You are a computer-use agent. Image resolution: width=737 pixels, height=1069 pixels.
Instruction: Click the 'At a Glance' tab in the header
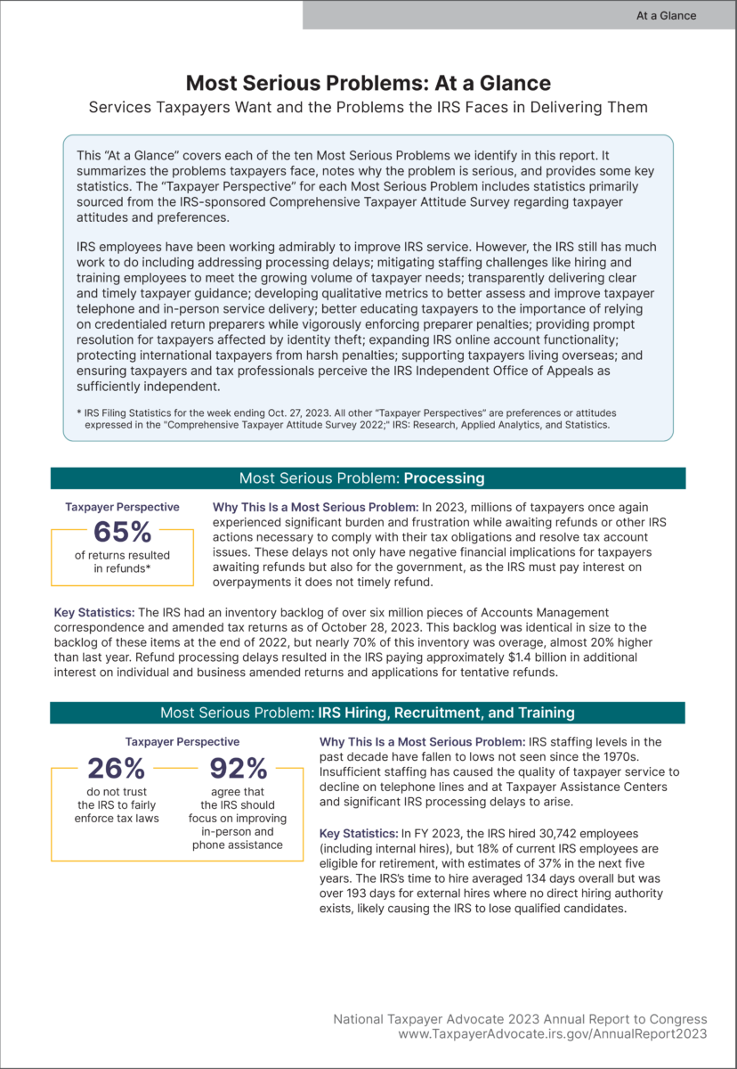(x=666, y=15)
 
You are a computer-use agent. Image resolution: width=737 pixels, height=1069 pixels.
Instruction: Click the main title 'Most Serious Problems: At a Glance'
(x=368, y=83)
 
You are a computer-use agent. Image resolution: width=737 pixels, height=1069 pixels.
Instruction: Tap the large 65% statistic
(x=122, y=532)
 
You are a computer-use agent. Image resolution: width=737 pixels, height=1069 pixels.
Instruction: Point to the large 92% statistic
(x=239, y=768)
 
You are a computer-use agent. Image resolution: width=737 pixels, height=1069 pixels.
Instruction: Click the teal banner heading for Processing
(x=368, y=478)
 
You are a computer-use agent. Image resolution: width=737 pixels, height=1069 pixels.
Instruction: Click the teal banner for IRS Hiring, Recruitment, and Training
(x=368, y=713)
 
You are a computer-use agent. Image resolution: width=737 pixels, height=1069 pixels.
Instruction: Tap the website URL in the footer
(x=553, y=1034)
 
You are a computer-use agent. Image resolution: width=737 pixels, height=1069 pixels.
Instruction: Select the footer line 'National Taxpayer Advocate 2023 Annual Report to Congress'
(x=520, y=1018)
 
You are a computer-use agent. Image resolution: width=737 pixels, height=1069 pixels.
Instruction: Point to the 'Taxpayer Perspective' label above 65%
(x=122, y=507)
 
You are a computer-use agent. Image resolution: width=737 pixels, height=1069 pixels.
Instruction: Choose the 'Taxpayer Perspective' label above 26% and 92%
(x=182, y=741)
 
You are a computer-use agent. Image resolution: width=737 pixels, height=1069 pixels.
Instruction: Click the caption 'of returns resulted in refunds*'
(x=122, y=562)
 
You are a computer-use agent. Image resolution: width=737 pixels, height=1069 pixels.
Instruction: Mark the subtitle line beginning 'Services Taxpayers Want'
(x=368, y=107)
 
